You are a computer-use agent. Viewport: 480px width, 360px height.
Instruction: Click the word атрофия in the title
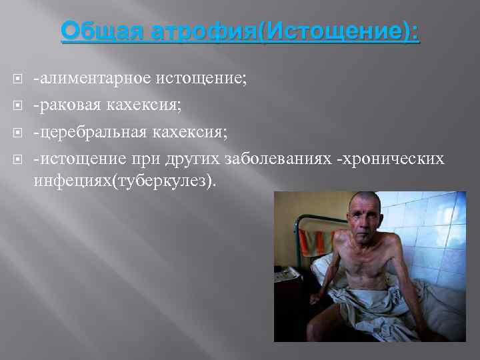188,31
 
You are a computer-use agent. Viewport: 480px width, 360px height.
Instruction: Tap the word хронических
399,159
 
